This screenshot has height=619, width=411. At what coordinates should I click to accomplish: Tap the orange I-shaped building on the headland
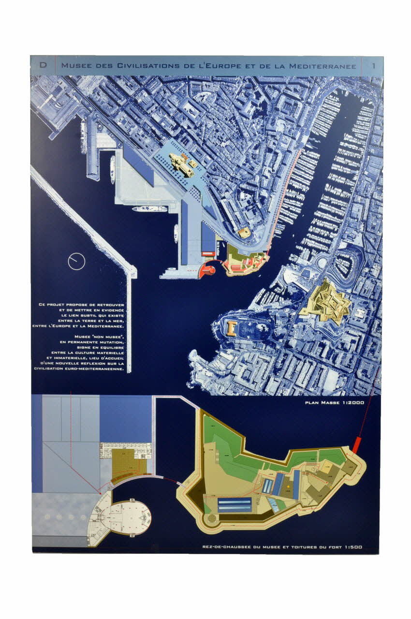[x=232, y=329]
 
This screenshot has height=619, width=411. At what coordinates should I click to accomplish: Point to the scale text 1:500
[x=353, y=548]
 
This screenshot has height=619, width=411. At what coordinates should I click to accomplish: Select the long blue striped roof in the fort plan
[x=235, y=506]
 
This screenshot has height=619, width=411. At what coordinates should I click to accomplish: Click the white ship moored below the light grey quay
[x=149, y=209]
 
